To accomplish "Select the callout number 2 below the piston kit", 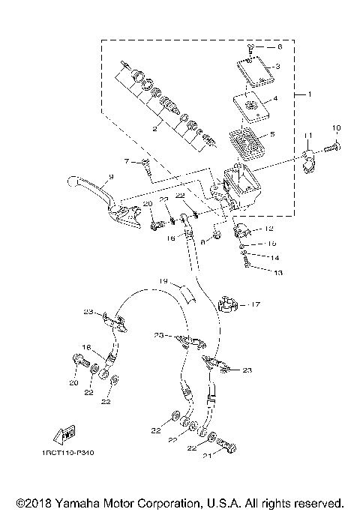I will tap(154, 129).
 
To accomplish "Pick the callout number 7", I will tap(127, 162).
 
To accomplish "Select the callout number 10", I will tap(336, 127).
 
